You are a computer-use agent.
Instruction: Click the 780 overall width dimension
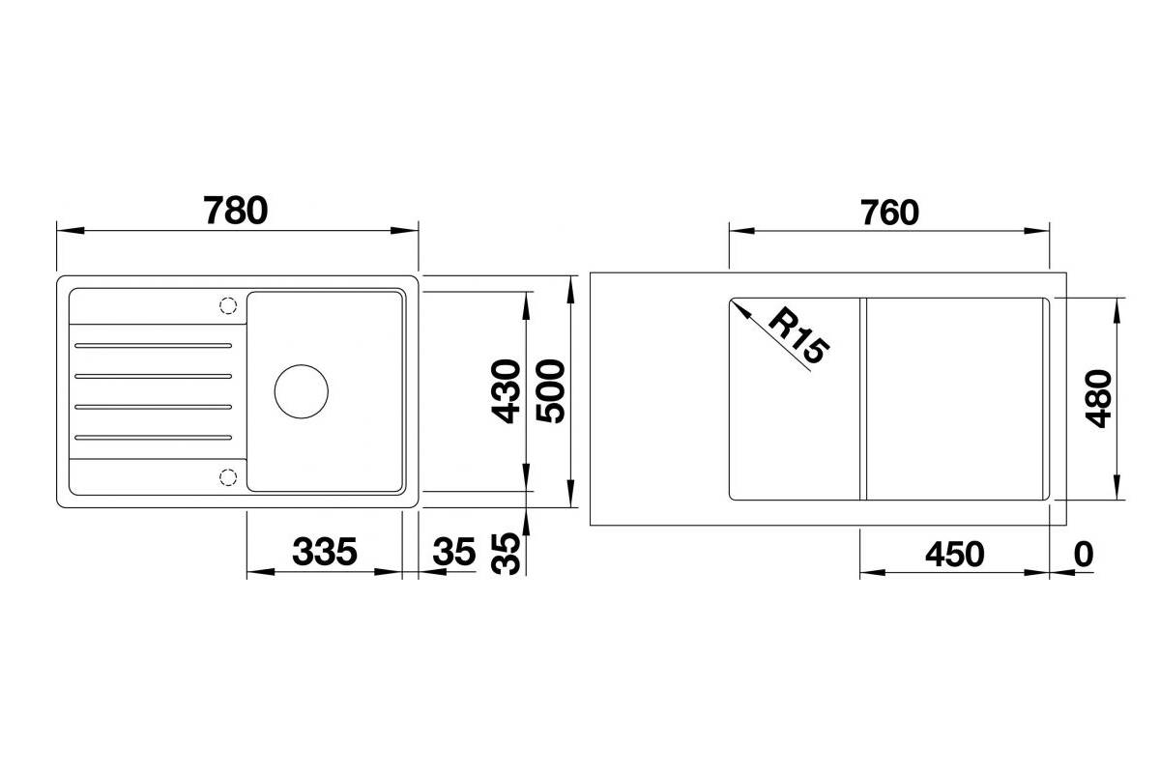coord(236,211)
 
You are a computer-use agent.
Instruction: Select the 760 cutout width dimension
coord(889,213)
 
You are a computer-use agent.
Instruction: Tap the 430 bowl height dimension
coord(506,391)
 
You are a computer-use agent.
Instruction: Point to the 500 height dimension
coord(550,391)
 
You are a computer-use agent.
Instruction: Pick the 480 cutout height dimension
coord(1098,399)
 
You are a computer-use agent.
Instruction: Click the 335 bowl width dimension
coord(325,552)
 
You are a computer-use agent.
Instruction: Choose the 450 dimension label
coord(955,555)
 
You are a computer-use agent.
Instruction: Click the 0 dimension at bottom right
coord(1084,554)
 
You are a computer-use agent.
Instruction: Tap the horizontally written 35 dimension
coord(454,552)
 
